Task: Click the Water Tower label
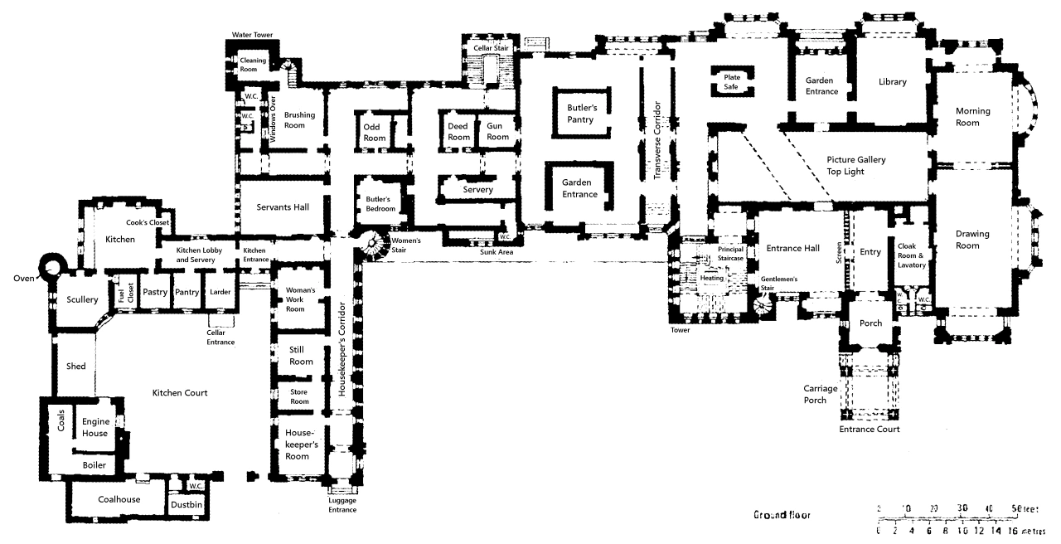(x=252, y=35)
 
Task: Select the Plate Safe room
(x=732, y=81)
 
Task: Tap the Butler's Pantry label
(x=582, y=114)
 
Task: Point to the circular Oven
(x=56, y=267)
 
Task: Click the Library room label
(x=893, y=82)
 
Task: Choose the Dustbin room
(x=187, y=503)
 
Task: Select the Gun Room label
(x=497, y=132)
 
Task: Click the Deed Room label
(x=458, y=132)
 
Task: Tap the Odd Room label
(x=375, y=132)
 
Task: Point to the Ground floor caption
(x=782, y=515)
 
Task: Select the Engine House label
(x=96, y=428)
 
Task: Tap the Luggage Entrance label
(x=342, y=505)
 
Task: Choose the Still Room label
(x=301, y=356)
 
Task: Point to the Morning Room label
(x=972, y=117)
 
